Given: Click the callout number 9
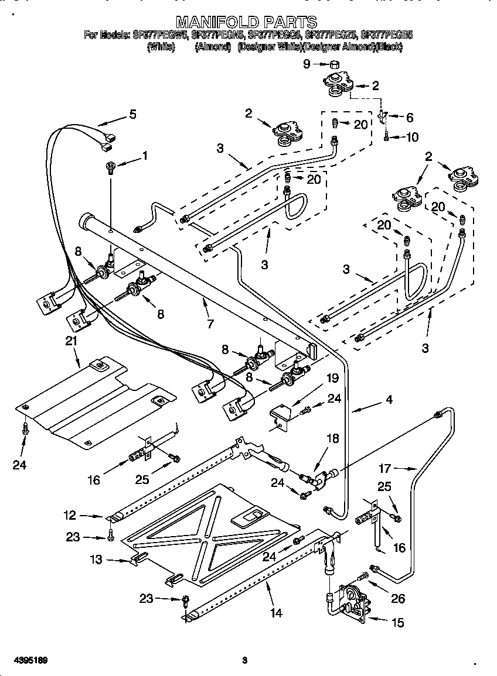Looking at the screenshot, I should [x=307, y=64].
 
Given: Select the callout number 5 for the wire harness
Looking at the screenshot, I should [x=132, y=114].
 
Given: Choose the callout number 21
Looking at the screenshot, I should [x=71, y=341].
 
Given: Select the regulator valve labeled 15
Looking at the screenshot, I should [x=350, y=602].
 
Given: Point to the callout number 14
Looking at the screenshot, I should [x=276, y=613].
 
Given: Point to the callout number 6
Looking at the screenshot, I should [x=409, y=118].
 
